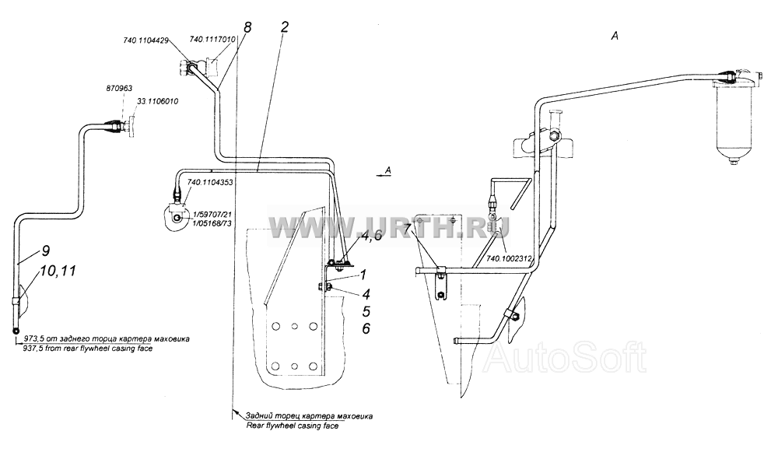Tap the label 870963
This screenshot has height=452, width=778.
(x=119, y=89)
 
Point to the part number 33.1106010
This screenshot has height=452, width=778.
(x=157, y=101)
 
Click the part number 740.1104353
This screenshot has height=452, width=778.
(x=210, y=183)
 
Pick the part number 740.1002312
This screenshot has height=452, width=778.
(x=509, y=258)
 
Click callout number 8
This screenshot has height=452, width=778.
(x=247, y=26)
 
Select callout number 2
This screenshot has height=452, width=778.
(x=284, y=26)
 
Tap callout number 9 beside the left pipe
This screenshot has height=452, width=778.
(x=45, y=251)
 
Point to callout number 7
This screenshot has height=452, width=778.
(x=408, y=229)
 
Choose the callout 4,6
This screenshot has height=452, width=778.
(x=372, y=237)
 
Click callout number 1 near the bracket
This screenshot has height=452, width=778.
(x=363, y=275)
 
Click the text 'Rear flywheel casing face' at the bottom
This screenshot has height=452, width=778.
(x=293, y=426)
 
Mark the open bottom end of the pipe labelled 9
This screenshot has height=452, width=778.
(x=16, y=331)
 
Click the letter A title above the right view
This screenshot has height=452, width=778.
(x=615, y=36)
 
